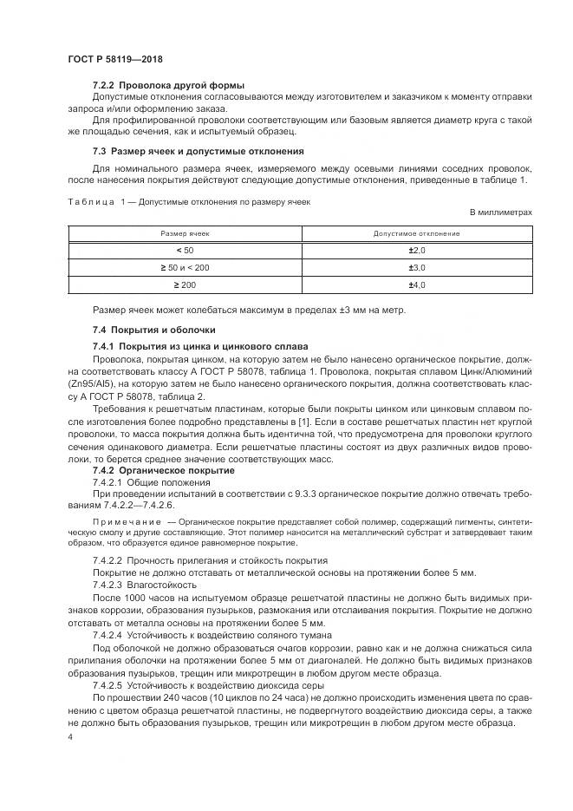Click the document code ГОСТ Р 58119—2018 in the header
coord(114,59)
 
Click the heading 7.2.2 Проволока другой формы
coord(168,85)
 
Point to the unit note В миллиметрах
coord(500,213)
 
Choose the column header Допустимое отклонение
coord(416,234)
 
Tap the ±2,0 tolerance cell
coord(416,251)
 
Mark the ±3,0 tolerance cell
coord(416,268)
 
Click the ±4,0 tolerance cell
coord(416,285)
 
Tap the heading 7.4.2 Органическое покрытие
coord(156,470)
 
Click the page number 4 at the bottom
coord(69,736)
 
